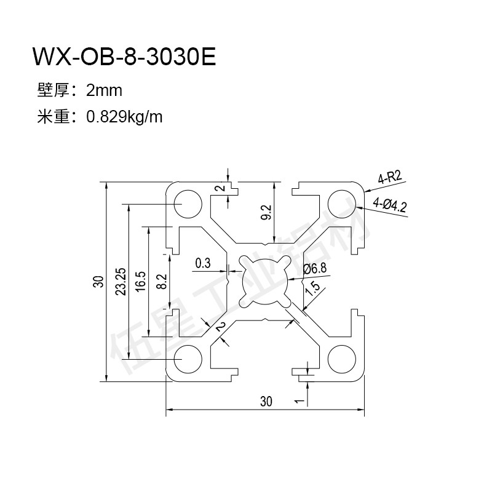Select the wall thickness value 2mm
105,91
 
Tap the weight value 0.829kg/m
125,117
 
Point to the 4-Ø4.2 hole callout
389,204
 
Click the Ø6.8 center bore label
314,269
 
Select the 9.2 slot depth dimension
266,212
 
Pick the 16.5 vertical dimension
140,282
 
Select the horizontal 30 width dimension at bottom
265,402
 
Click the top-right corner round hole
342,202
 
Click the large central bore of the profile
264,280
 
